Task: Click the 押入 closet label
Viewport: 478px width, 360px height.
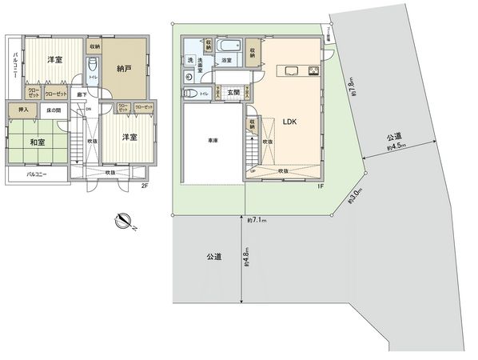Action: [22, 109]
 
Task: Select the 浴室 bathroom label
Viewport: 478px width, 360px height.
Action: [228, 60]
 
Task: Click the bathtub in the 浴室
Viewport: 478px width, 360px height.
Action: [228, 46]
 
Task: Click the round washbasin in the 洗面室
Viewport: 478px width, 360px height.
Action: [189, 76]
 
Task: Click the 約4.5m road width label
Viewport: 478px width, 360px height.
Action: [396, 146]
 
